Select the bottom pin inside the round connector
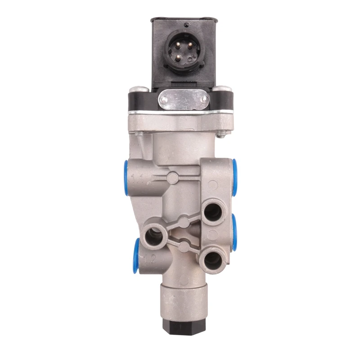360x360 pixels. (x=178, y=57)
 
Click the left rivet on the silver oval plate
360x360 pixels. (x=163, y=99)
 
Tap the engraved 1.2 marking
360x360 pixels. (x=151, y=259)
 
